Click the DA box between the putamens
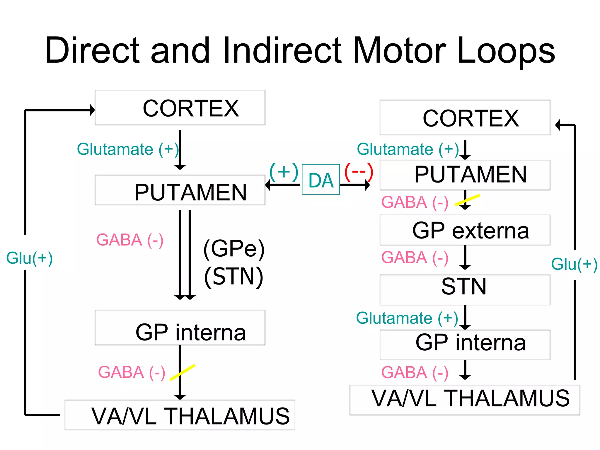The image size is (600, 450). pyautogui.click(x=321, y=180)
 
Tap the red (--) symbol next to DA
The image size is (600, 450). pyautogui.click(x=359, y=172)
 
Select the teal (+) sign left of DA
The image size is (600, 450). pyautogui.click(x=283, y=172)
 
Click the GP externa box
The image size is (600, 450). pyautogui.click(x=465, y=230)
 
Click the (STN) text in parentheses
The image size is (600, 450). pyautogui.click(x=234, y=276)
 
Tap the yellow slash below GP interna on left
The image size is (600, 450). pyautogui.click(x=183, y=372)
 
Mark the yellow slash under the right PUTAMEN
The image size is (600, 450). pyautogui.click(x=467, y=200)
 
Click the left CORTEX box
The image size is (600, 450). pyautogui.click(x=180, y=108)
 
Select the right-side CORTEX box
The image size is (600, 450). pyautogui.click(x=465, y=118)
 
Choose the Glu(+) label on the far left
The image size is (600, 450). pyautogui.click(x=29, y=258)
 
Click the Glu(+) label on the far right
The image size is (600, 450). pyautogui.click(x=574, y=264)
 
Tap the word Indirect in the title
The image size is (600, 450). pyautogui.click(x=282, y=50)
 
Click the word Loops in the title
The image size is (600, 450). pyautogui.click(x=505, y=50)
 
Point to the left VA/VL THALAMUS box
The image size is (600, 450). pyautogui.click(x=180, y=415)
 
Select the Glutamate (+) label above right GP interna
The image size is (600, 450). pyautogui.click(x=407, y=318)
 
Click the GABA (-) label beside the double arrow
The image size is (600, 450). pyautogui.click(x=130, y=240)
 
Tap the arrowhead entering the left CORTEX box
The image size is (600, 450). pyautogui.click(x=92, y=110)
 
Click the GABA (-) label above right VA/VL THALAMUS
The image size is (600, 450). pyautogui.click(x=415, y=373)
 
